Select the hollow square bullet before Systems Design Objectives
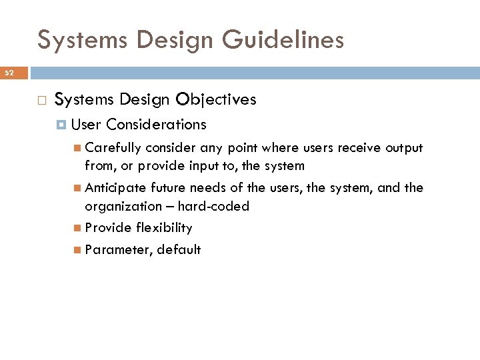(x=41, y=101)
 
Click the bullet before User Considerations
(x=61, y=125)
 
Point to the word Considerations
(x=156, y=125)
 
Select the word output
(x=404, y=148)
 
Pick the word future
(x=169, y=188)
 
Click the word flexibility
(x=164, y=228)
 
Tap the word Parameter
(x=119, y=250)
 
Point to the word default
(x=179, y=250)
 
